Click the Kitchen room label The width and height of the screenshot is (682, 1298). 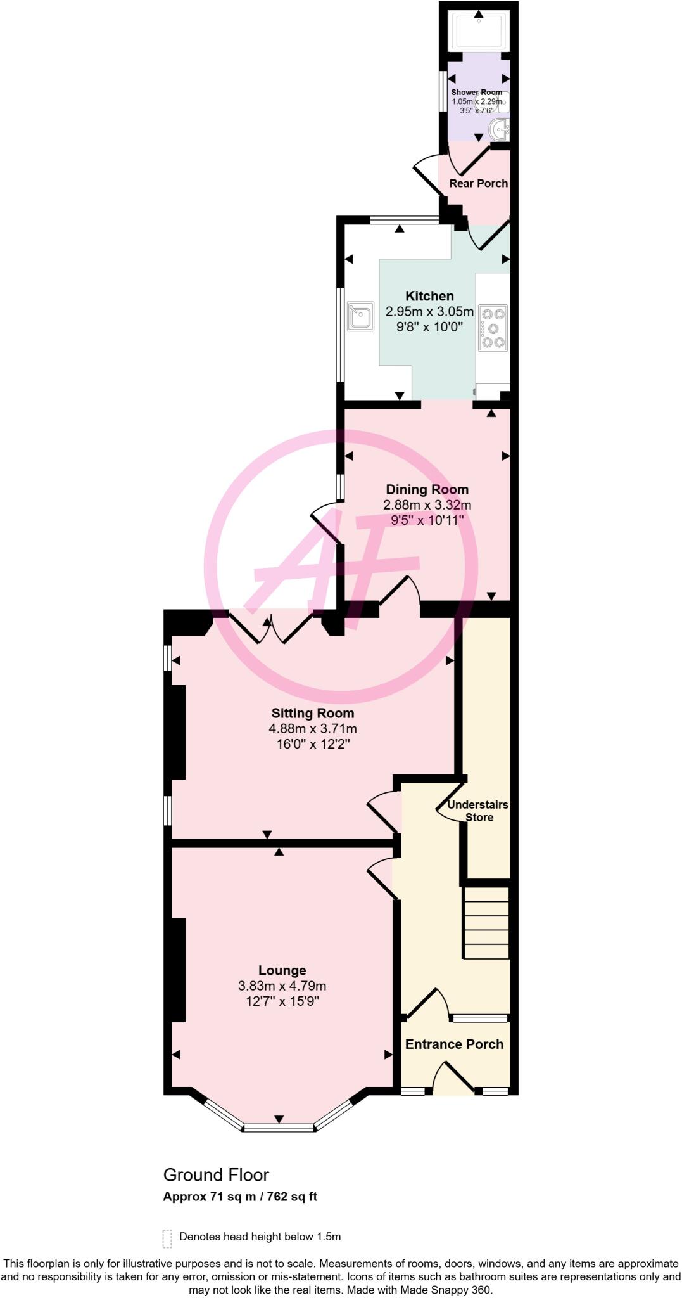pos(429,296)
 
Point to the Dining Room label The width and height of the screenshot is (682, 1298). pos(427,489)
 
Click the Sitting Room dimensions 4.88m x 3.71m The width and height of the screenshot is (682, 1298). pos(313,729)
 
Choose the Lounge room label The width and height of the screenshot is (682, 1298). pos(282,970)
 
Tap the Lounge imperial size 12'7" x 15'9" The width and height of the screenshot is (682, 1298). pos(282,1001)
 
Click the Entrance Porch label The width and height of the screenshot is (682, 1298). pos(454,1044)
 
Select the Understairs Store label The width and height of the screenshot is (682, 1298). pos(478,811)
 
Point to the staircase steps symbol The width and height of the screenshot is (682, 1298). pos(486,923)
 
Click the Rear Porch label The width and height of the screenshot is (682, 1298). pos(478,183)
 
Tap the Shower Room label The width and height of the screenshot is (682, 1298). pos(476,93)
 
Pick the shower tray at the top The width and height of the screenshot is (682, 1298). pos(479,32)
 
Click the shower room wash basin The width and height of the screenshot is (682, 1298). pos(500,130)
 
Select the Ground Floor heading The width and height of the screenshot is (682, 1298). pos(216,1175)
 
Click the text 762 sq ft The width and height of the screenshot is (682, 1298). pos(292,1197)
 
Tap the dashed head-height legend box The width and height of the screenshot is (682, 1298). pos(167,1237)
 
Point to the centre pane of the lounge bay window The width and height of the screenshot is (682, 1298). pos(279,1127)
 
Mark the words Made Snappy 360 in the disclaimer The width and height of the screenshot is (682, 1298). pos(454,1290)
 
